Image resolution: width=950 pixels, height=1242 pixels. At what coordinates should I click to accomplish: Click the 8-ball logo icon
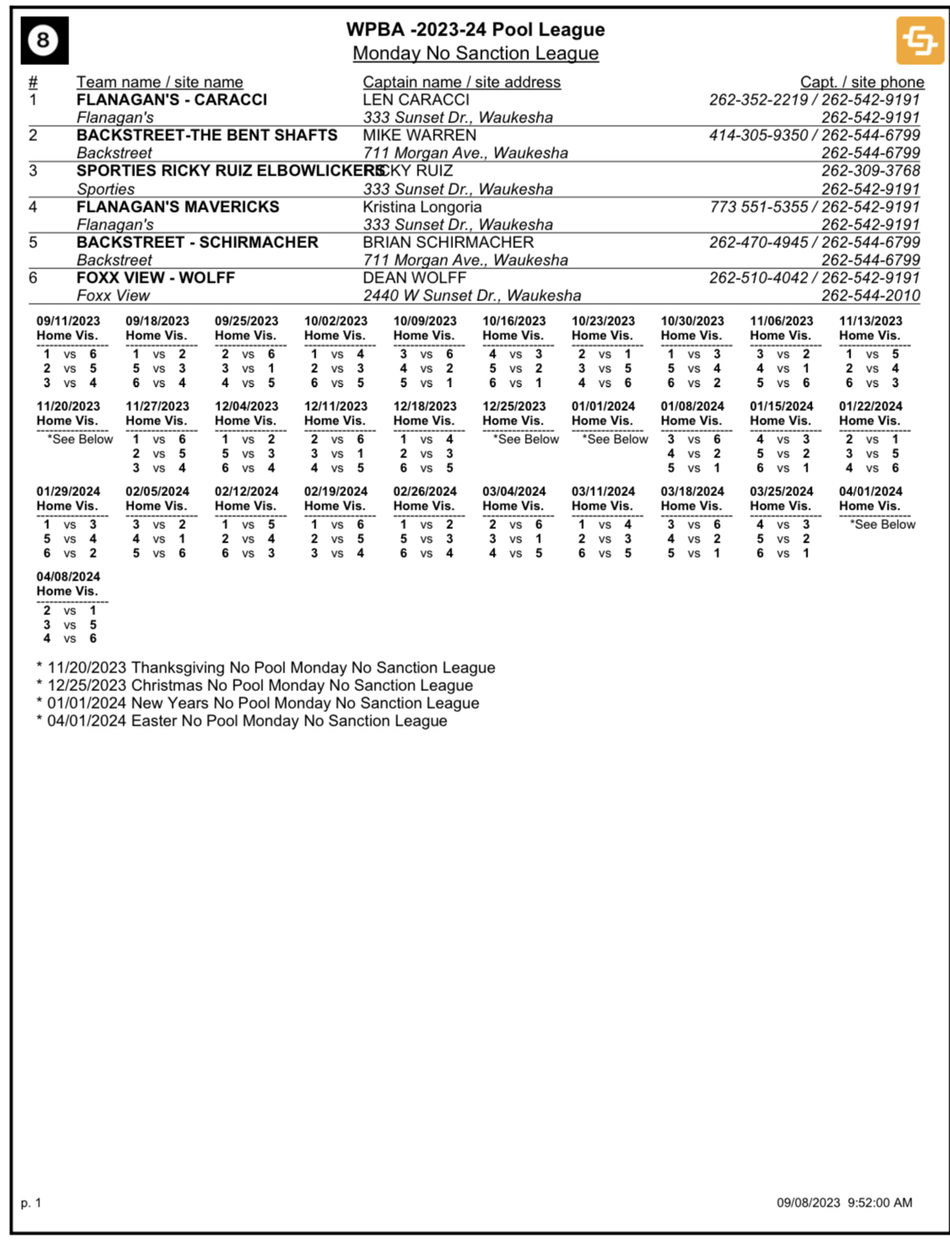[44, 40]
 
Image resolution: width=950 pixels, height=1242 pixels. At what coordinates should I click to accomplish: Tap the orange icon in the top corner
[920, 40]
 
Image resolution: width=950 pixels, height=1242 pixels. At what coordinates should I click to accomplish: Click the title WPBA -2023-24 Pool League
[475, 30]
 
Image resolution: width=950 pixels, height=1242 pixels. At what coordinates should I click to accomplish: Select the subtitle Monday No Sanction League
[475, 53]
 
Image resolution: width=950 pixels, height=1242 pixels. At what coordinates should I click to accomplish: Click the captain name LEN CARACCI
[416, 100]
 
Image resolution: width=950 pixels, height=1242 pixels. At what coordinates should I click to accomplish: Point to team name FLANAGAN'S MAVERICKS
[177, 207]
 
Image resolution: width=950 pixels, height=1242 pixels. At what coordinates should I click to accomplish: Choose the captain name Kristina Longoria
[422, 207]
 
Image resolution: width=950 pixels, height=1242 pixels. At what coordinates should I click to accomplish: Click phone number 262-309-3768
[871, 170]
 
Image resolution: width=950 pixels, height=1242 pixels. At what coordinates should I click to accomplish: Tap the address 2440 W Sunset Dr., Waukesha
[472, 295]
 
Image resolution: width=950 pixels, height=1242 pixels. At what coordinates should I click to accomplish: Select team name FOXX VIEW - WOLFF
[155, 278]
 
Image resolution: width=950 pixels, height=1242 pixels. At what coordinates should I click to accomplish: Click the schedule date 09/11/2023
[68, 321]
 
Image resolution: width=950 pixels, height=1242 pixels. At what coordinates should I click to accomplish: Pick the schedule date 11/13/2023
[871, 321]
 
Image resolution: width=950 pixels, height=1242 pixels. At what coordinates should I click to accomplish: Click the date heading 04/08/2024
[68, 576]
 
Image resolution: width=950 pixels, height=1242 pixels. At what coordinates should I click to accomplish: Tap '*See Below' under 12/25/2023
[526, 439]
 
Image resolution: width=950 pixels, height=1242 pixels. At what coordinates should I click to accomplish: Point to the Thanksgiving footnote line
[266, 667]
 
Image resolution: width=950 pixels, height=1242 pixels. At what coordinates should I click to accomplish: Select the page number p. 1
[31, 1202]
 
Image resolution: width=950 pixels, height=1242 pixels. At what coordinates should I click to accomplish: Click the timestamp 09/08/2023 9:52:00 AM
[844, 1202]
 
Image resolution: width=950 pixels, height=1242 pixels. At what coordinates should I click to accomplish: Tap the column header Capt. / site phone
[861, 82]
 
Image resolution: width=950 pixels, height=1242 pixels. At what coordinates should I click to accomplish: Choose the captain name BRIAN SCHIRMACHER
[448, 242]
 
